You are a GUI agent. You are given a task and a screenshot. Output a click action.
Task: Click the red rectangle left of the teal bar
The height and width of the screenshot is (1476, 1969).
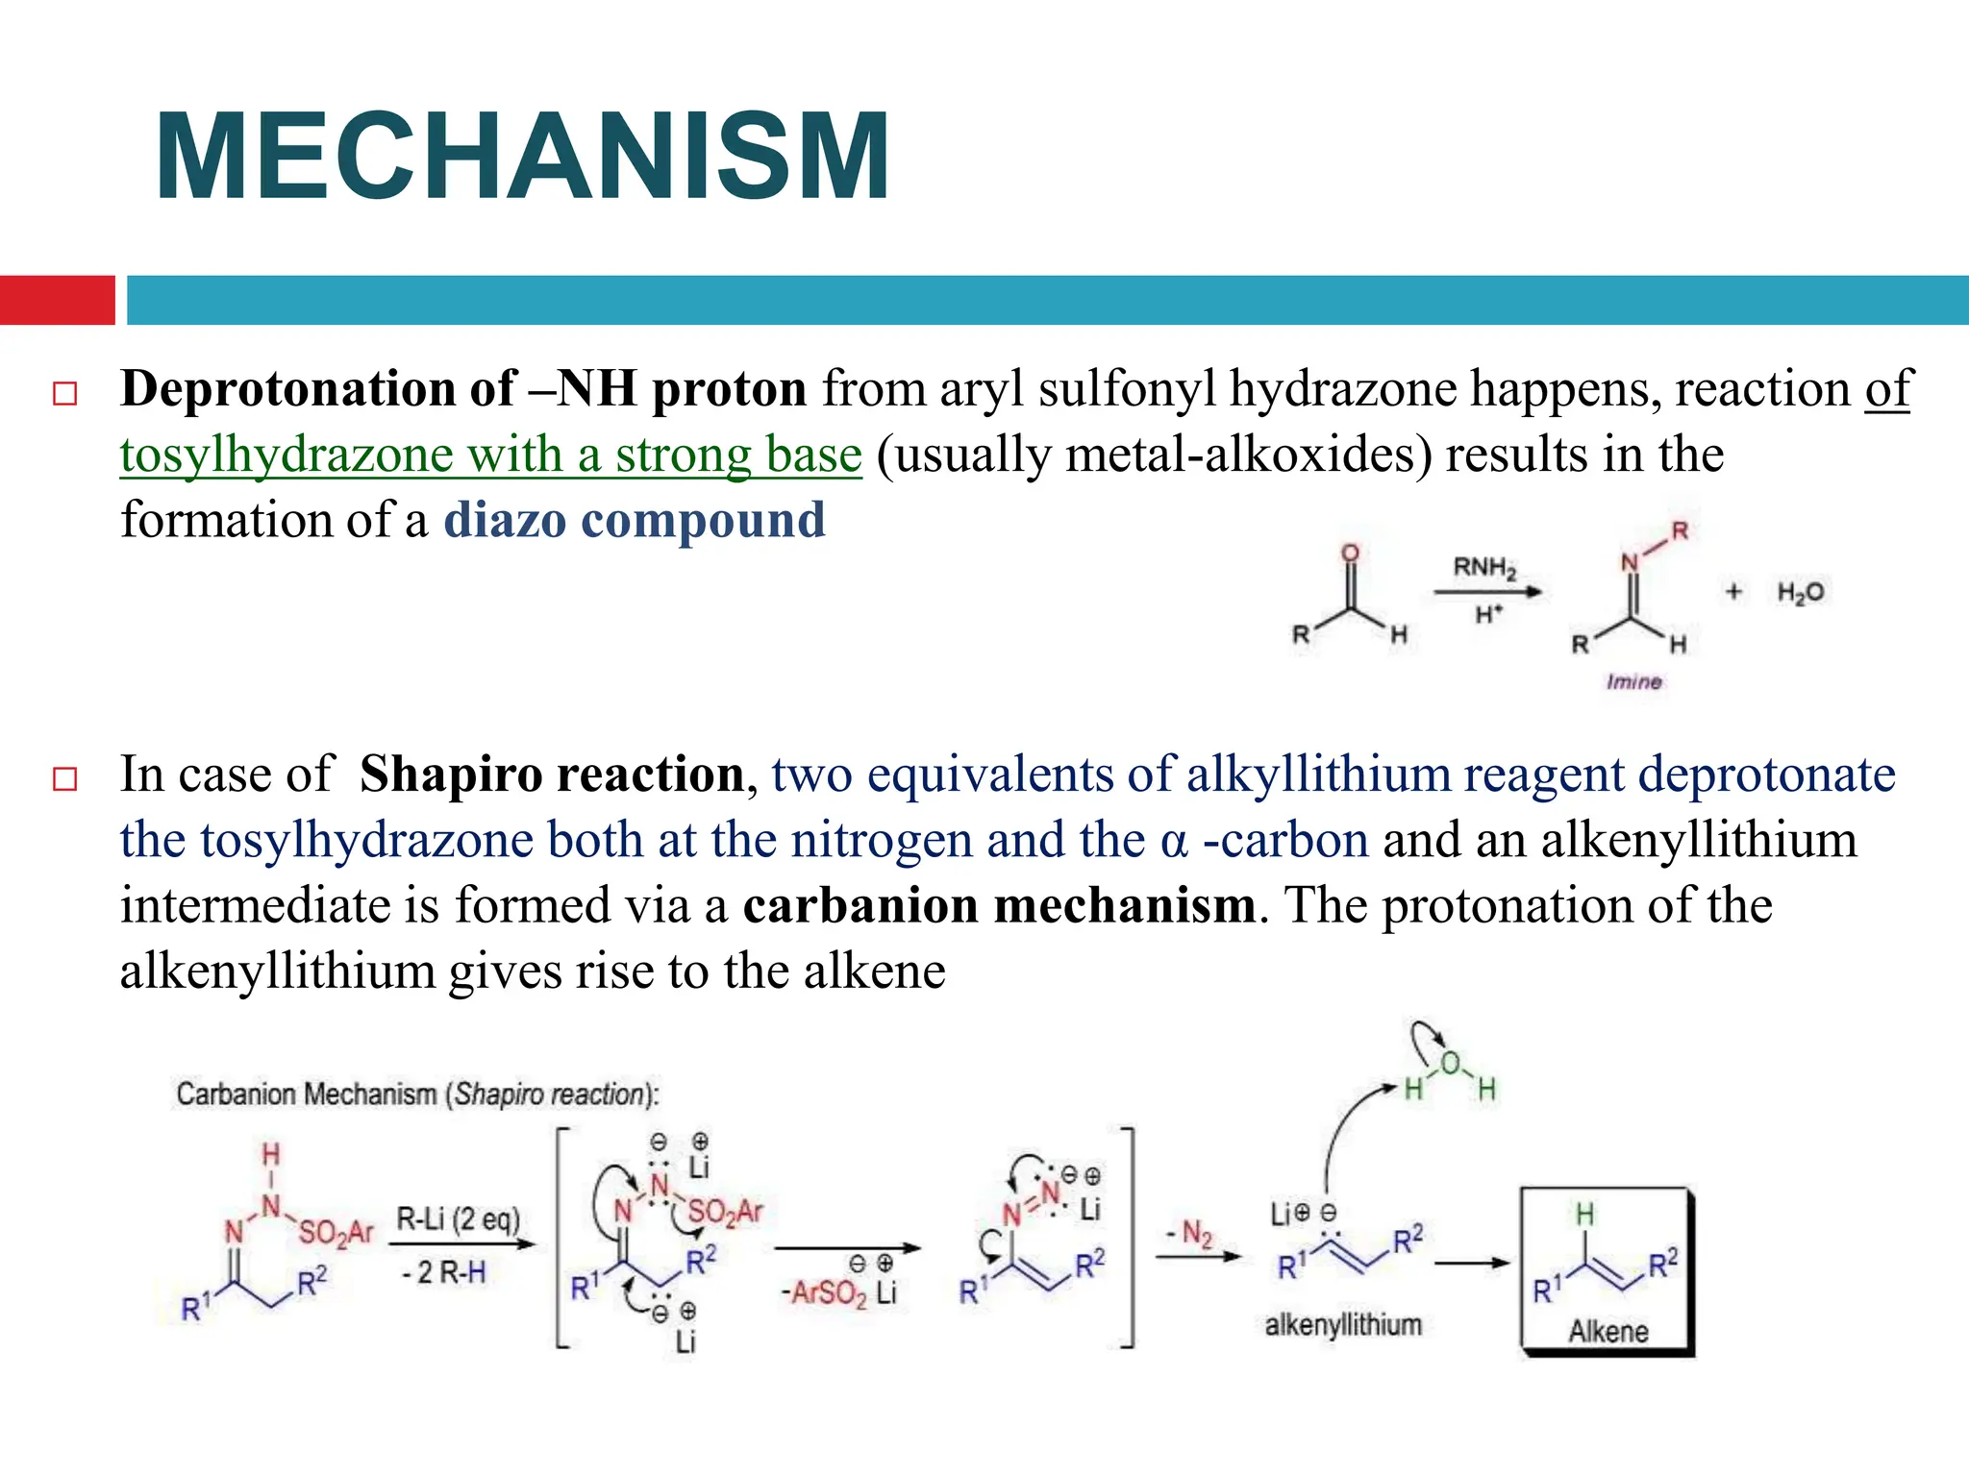click(x=57, y=300)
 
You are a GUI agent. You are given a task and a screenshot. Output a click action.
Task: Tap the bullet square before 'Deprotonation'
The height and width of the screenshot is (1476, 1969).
click(x=64, y=393)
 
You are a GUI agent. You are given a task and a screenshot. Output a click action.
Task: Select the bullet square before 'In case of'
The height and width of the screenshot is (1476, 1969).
click(x=64, y=777)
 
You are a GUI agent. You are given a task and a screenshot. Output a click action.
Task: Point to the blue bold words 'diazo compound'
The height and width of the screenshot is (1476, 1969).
click(x=634, y=520)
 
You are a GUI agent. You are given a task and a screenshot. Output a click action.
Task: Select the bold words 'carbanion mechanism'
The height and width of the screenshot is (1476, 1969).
click(x=999, y=905)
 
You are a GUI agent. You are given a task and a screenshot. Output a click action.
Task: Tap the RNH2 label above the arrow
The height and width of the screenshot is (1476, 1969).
click(x=1484, y=568)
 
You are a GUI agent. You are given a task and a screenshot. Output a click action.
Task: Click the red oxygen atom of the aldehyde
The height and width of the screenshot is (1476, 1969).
click(x=1351, y=553)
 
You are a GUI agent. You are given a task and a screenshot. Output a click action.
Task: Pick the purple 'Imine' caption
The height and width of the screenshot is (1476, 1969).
click(x=1633, y=681)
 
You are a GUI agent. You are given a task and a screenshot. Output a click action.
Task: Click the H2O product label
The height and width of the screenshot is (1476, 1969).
click(x=1800, y=592)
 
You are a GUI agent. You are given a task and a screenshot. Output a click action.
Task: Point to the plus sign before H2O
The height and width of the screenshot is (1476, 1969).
click(x=1733, y=591)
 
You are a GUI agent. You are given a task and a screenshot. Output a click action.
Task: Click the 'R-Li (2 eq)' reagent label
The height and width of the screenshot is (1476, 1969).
click(x=458, y=1219)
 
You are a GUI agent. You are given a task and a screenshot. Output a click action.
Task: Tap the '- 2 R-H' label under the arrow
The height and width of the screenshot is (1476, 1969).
click(x=444, y=1272)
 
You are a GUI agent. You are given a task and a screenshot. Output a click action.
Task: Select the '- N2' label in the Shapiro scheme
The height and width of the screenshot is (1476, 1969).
click(x=1189, y=1233)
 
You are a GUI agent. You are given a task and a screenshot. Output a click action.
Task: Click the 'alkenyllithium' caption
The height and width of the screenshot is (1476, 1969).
click(x=1343, y=1325)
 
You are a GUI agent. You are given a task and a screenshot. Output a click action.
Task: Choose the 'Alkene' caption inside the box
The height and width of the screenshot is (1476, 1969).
click(x=1608, y=1331)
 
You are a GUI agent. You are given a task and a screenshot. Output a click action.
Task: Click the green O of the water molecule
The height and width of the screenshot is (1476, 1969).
click(x=1450, y=1064)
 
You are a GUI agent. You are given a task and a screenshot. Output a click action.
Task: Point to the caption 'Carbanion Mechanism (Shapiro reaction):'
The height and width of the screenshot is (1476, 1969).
click(x=417, y=1094)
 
